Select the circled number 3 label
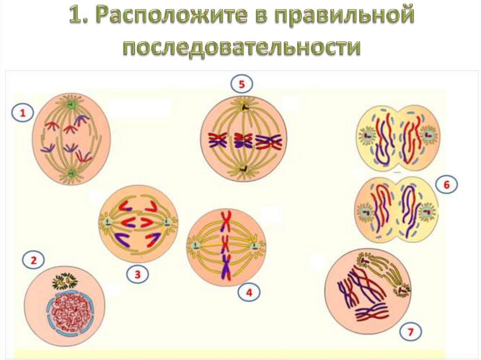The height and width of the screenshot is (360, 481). click(137, 275)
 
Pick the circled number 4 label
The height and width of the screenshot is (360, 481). click(249, 293)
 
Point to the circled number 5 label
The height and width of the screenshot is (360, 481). click(241, 85)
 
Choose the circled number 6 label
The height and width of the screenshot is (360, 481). click(446, 185)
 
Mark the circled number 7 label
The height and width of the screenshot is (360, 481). click(411, 333)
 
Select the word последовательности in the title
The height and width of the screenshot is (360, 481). click(242, 47)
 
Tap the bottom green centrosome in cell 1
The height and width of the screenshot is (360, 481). click(71, 174)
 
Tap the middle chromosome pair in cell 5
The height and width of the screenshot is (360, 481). click(243, 140)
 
